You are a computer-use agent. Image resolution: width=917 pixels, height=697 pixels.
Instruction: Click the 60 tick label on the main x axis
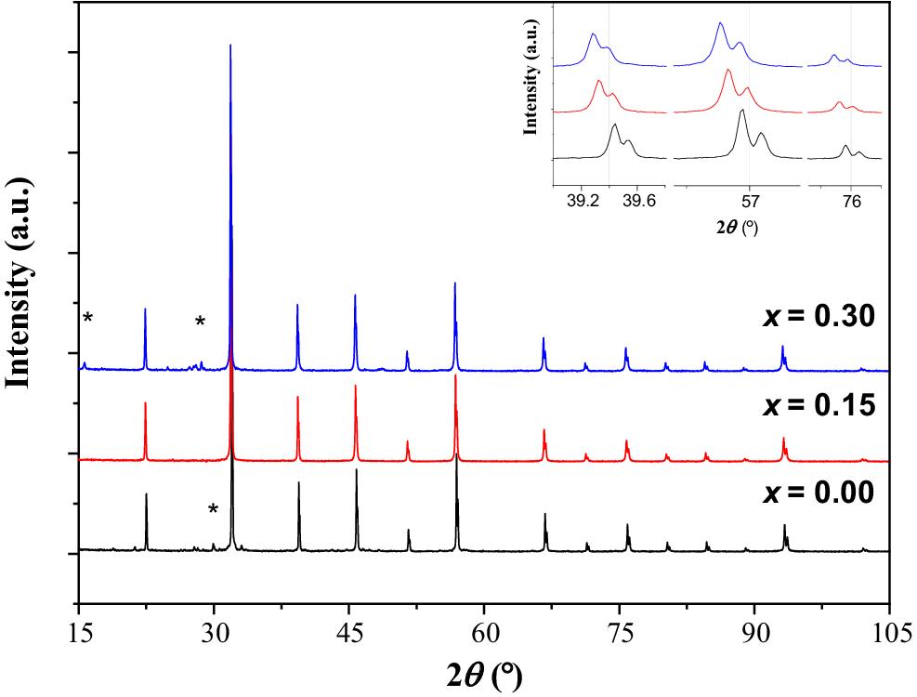pos(484,634)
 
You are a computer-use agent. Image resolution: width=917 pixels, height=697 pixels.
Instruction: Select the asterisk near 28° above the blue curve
pos(200,322)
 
